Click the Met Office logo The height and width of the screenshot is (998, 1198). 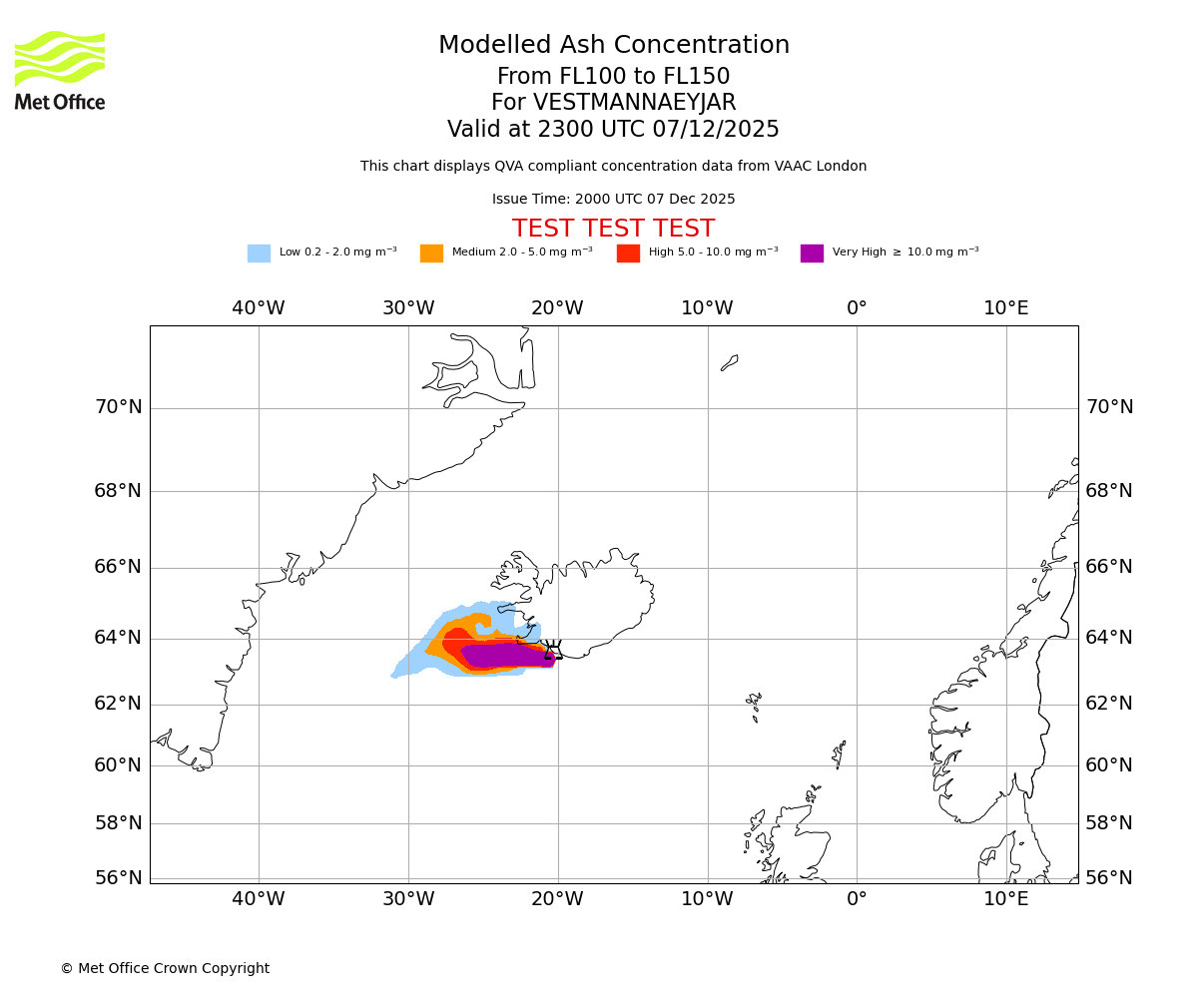[60, 71]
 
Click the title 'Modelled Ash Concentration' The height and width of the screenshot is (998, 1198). [614, 46]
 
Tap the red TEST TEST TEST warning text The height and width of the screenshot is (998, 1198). [613, 230]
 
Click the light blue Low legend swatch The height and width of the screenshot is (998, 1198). [259, 253]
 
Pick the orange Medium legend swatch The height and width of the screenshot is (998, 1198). [431, 253]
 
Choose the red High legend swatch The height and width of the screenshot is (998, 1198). [628, 253]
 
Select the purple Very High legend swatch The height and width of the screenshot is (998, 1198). [812, 253]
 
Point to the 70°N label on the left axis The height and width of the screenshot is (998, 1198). [118, 407]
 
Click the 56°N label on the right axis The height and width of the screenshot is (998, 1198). [1109, 878]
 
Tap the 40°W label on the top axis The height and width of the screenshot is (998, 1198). [259, 308]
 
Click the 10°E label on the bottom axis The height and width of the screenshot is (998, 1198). [1006, 898]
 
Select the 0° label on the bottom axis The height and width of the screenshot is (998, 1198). [857, 898]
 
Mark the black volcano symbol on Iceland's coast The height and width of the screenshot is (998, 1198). [550, 650]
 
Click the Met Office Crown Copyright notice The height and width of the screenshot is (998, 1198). [165, 968]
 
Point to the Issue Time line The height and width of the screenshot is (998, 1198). [613, 200]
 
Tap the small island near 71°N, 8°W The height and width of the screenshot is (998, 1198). [730, 362]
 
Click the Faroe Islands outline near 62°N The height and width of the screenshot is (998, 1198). [754, 705]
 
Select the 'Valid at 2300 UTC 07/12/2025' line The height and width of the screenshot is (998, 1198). [613, 130]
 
